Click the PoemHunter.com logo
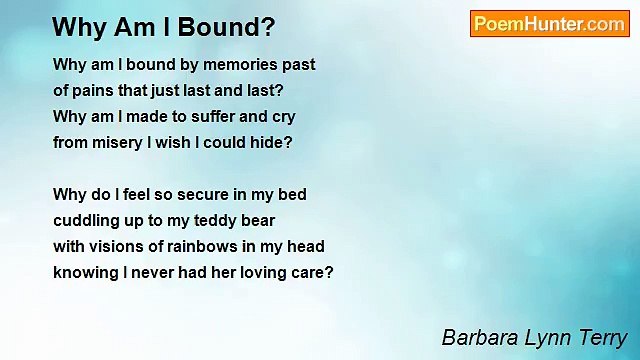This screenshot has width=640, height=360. pyautogui.click(x=549, y=24)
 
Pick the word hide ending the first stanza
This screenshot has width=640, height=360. pyautogui.click(x=272, y=143)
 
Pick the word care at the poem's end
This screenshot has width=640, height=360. pyautogui.click(x=312, y=273)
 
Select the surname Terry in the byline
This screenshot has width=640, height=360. pyautogui.click(x=601, y=337)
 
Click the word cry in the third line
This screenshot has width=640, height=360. pyautogui.click(x=283, y=117)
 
